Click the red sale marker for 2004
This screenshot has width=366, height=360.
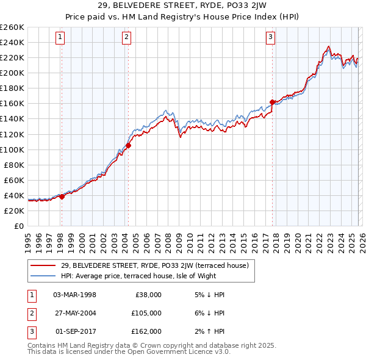point(129,146)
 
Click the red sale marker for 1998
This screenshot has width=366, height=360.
point(62,196)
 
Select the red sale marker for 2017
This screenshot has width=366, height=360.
point(272,102)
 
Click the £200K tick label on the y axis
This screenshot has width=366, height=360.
point(12,73)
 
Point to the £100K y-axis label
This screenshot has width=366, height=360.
point(12,149)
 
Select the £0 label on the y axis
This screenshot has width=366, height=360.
point(18,226)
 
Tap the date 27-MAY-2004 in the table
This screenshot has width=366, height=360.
point(75,313)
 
